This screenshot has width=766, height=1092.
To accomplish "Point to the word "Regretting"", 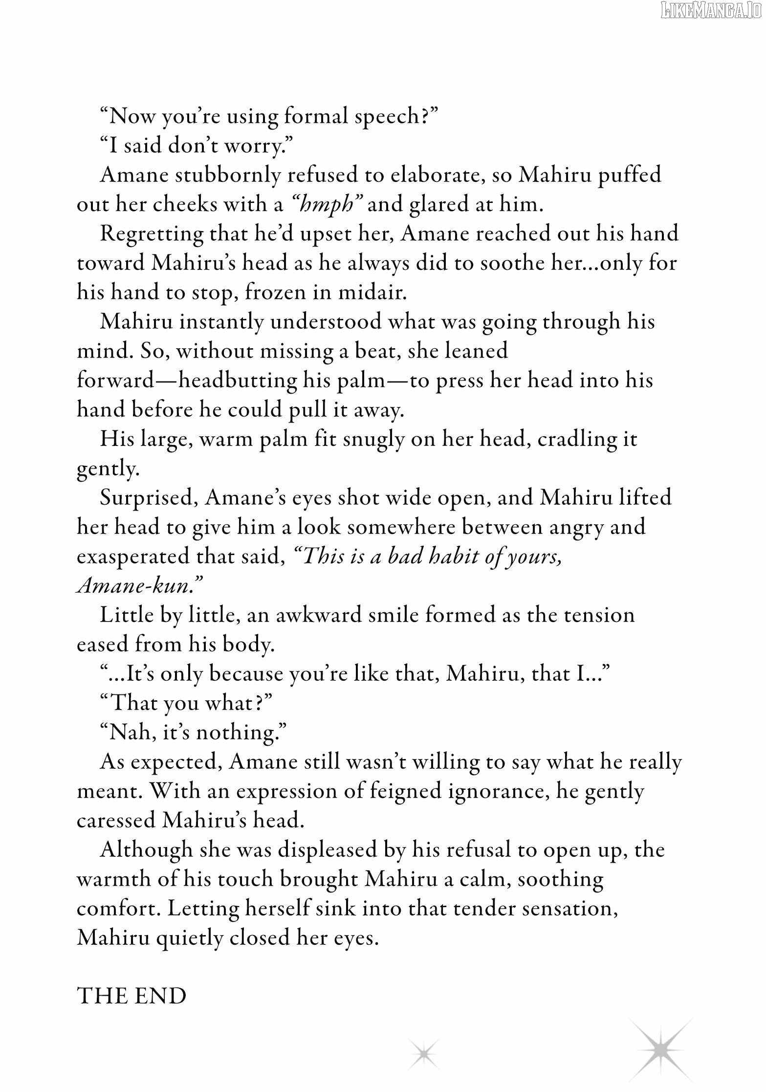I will coord(152,234).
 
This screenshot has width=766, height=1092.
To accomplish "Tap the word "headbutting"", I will coord(237,380).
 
